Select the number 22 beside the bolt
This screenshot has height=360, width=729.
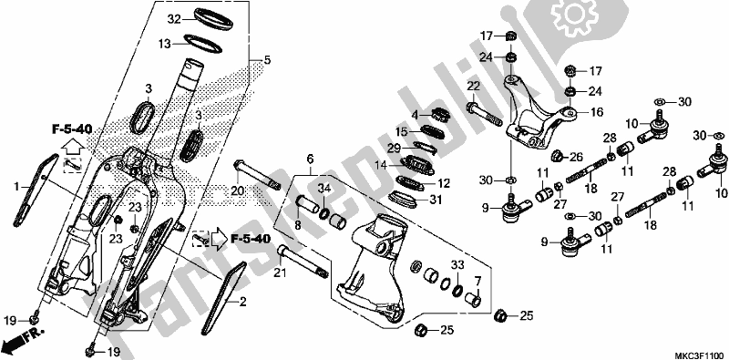[473, 86]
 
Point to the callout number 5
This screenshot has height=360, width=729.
[266, 61]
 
